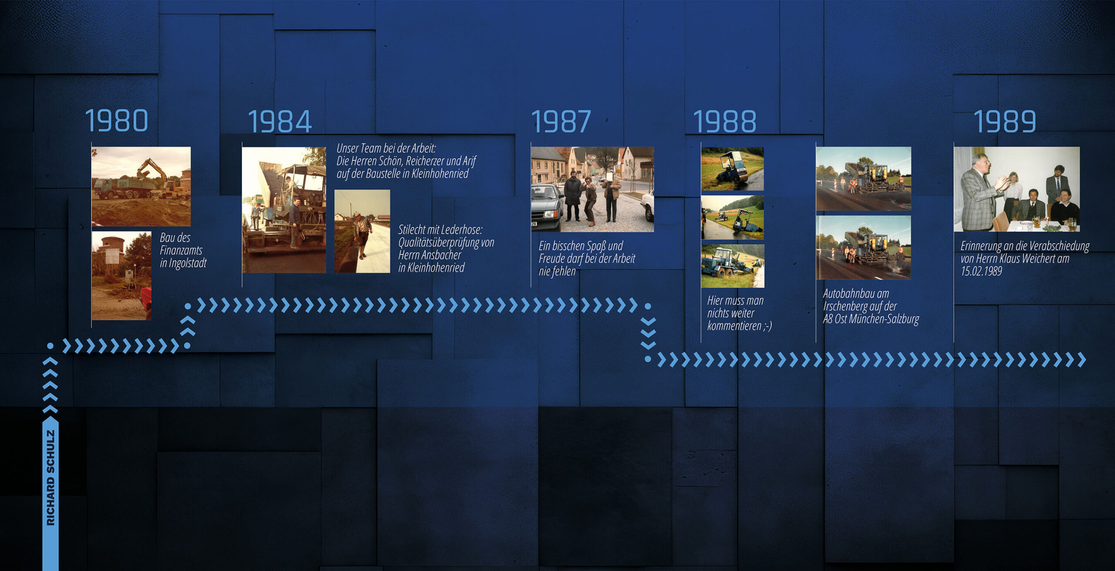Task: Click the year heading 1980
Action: (x=117, y=120)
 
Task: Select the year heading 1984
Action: (x=280, y=121)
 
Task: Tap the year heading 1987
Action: (x=561, y=121)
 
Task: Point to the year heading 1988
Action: (x=725, y=121)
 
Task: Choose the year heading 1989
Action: (x=1005, y=121)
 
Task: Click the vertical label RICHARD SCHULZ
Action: (x=51, y=477)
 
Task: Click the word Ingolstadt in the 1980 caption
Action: (x=188, y=263)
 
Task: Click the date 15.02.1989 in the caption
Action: (x=981, y=271)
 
